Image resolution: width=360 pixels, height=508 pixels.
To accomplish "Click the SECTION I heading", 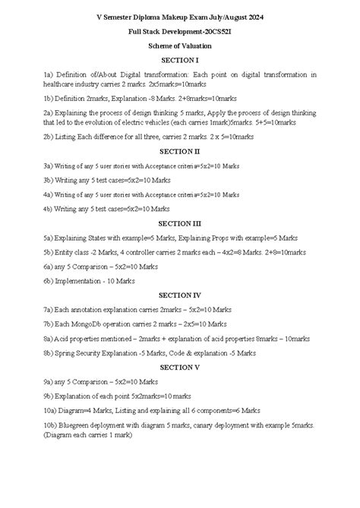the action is (x=180, y=60).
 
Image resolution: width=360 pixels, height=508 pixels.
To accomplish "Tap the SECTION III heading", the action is (x=180, y=223).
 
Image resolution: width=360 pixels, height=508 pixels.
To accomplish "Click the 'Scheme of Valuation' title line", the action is (x=180, y=46).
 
